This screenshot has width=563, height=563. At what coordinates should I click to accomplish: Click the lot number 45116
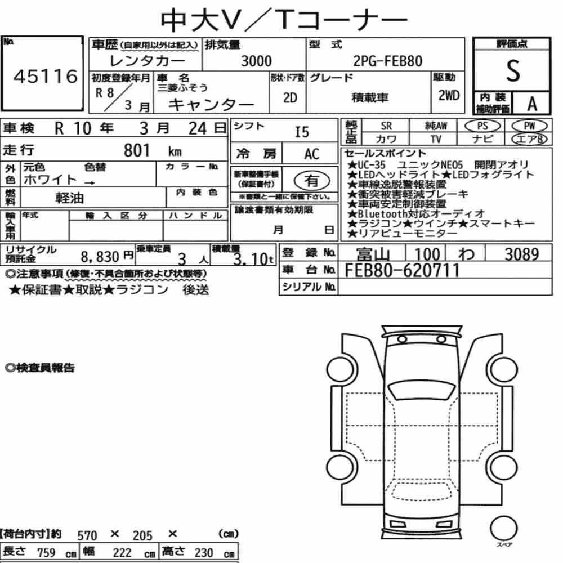click(x=46, y=76)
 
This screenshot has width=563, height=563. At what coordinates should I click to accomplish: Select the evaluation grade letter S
click(x=513, y=71)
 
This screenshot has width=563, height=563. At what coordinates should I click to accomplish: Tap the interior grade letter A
click(x=532, y=104)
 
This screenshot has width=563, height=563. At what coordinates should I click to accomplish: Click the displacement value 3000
click(x=256, y=61)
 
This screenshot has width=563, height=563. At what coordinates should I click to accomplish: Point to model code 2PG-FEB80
click(x=388, y=61)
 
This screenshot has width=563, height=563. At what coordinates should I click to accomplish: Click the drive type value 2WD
click(x=449, y=95)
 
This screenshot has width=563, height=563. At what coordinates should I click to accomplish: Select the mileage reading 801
click(x=136, y=150)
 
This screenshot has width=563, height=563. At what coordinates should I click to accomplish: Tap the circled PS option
click(x=482, y=126)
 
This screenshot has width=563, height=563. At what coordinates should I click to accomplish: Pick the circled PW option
click(x=529, y=126)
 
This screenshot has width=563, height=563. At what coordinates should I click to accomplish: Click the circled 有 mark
click(x=312, y=181)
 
